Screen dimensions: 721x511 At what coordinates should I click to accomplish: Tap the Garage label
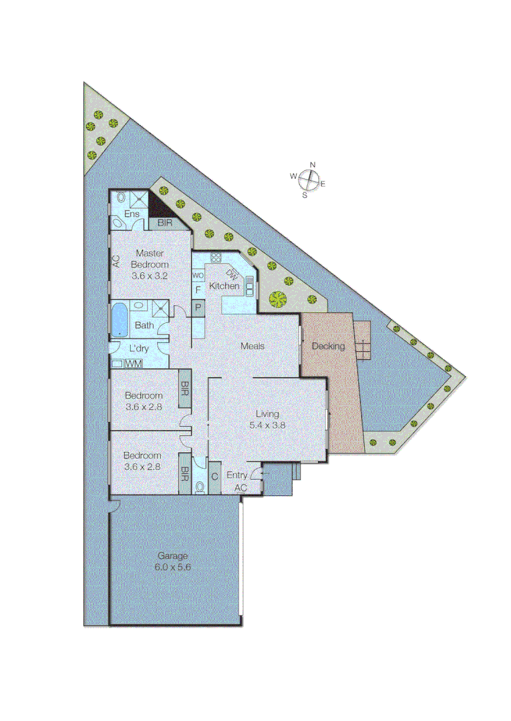[172, 555]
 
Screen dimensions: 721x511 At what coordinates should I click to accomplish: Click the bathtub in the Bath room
[120, 319]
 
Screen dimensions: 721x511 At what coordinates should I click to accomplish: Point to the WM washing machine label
[134, 364]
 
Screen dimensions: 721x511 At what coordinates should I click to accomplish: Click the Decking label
[328, 346]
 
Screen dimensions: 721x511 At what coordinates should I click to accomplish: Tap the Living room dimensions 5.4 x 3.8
[267, 425]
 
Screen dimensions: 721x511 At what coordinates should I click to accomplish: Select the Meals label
[253, 346]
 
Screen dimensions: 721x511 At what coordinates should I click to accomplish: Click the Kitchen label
[224, 286]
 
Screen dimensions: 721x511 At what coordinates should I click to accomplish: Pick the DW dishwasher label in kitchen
[232, 273]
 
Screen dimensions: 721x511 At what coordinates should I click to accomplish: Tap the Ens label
[132, 214]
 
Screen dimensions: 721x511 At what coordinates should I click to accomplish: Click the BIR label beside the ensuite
[164, 222]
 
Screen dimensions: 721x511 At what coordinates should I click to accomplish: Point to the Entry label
[237, 475]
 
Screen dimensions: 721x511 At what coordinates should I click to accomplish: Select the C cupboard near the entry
[215, 476]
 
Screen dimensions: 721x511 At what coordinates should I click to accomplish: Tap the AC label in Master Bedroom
[116, 262]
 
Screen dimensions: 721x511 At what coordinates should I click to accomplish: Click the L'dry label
[139, 348]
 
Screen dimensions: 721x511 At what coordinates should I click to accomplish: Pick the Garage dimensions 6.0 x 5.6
[172, 567]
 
